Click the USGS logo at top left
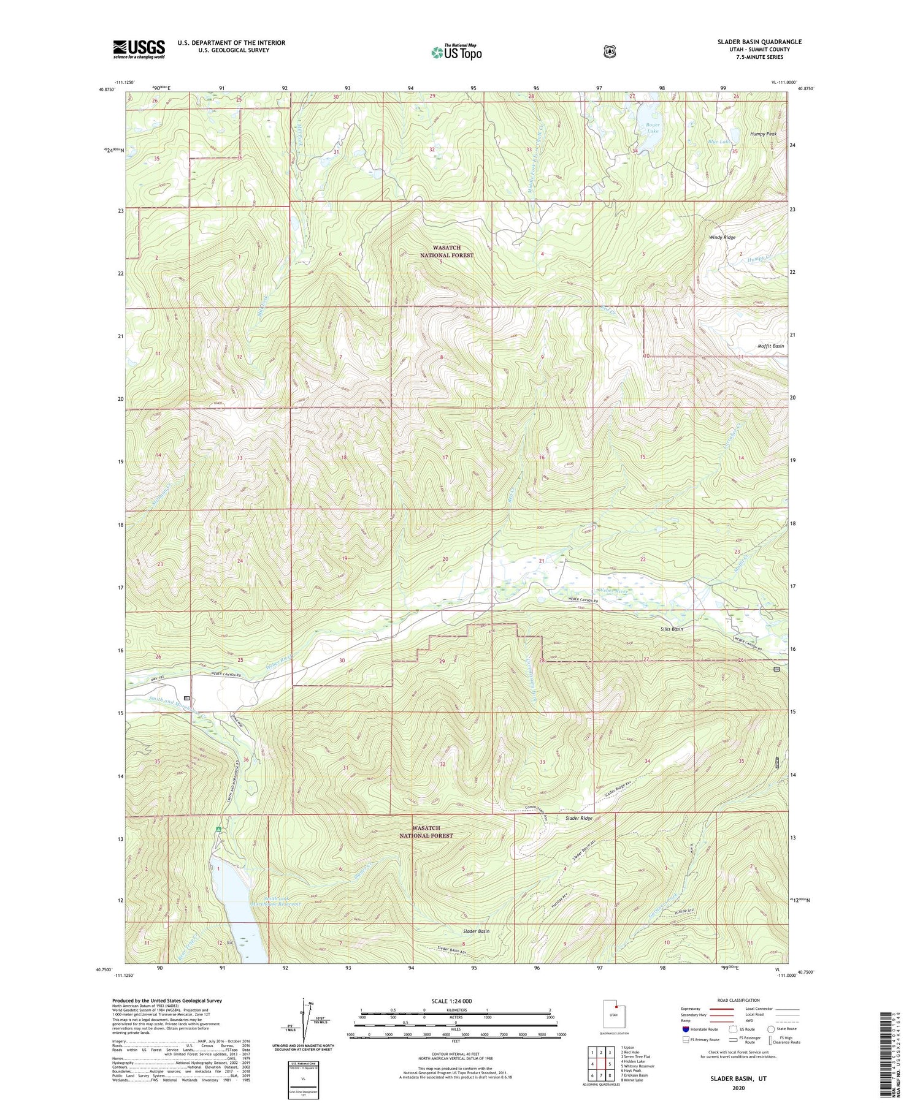(x=139, y=49)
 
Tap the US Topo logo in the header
(x=456, y=51)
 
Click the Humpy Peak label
(x=763, y=134)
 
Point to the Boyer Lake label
(x=652, y=128)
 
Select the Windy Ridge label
(x=722, y=237)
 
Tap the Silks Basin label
(x=672, y=629)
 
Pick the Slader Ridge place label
(x=578, y=818)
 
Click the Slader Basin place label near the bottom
(x=475, y=931)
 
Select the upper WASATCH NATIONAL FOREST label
(x=447, y=251)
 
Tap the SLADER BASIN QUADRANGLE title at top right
(x=759, y=42)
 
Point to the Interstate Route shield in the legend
(x=685, y=1029)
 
